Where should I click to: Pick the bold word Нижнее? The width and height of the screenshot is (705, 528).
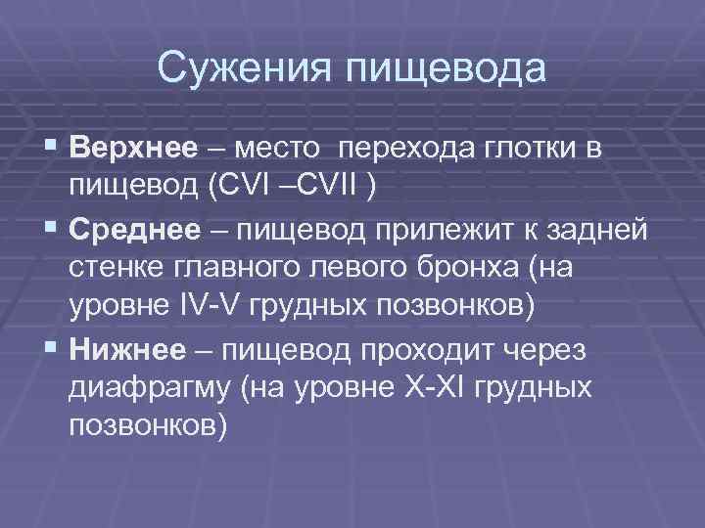click(128, 348)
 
